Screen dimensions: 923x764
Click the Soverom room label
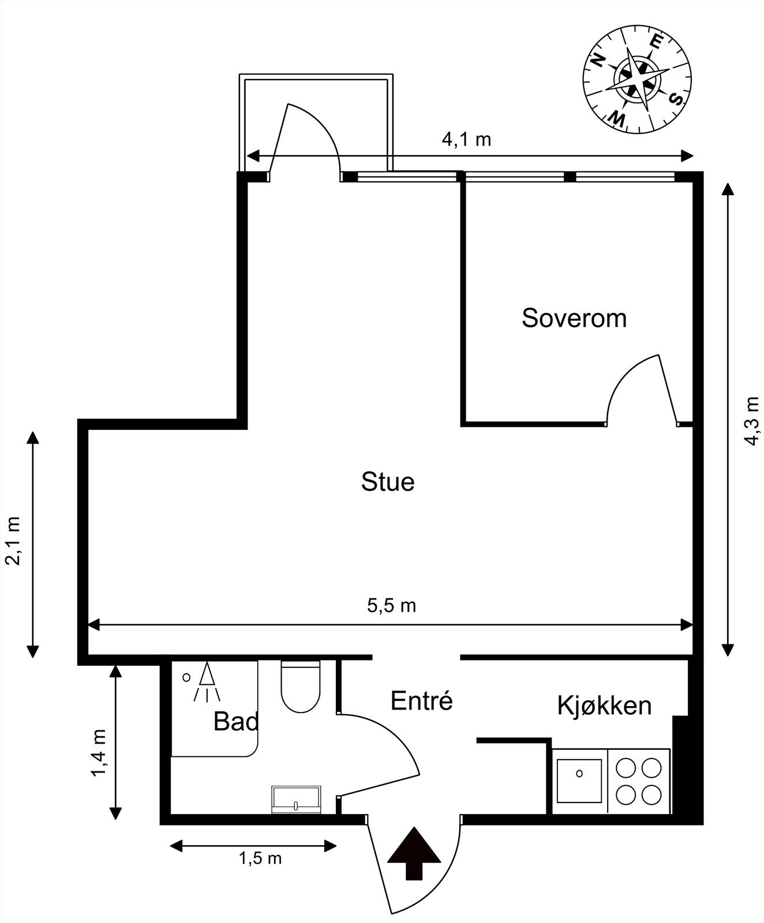pyautogui.click(x=574, y=318)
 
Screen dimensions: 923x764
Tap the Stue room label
pyautogui.click(x=388, y=482)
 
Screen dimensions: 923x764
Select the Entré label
pyautogui.click(x=421, y=701)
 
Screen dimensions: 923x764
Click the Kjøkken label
pyautogui.click(x=604, y=706)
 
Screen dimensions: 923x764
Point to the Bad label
pyautogui.click(x=235, y=722)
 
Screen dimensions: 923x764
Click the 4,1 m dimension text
pyautogui.click(x=466, y=140)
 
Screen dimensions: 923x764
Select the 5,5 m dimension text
pyautogui.click(x=391, y=606)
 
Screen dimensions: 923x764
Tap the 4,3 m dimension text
pyautogui.click(x=751, y=421)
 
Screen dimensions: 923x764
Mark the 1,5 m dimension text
pyautogui.click(x=260, y=858)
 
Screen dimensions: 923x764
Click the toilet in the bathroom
pyautogui.click(x=300, y=687)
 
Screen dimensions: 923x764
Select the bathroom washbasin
pyautogui.click(x=296, y=799)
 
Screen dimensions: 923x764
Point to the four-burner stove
pyautogui.click(x=638, y=781)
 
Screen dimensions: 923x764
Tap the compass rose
pyautogui.click(x=637, y=78)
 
